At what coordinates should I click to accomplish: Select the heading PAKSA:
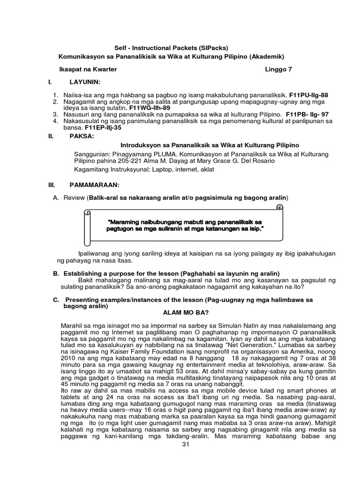82,136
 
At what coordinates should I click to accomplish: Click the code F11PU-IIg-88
309,95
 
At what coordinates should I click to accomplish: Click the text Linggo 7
278,69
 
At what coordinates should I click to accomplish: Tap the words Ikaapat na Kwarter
88,69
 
